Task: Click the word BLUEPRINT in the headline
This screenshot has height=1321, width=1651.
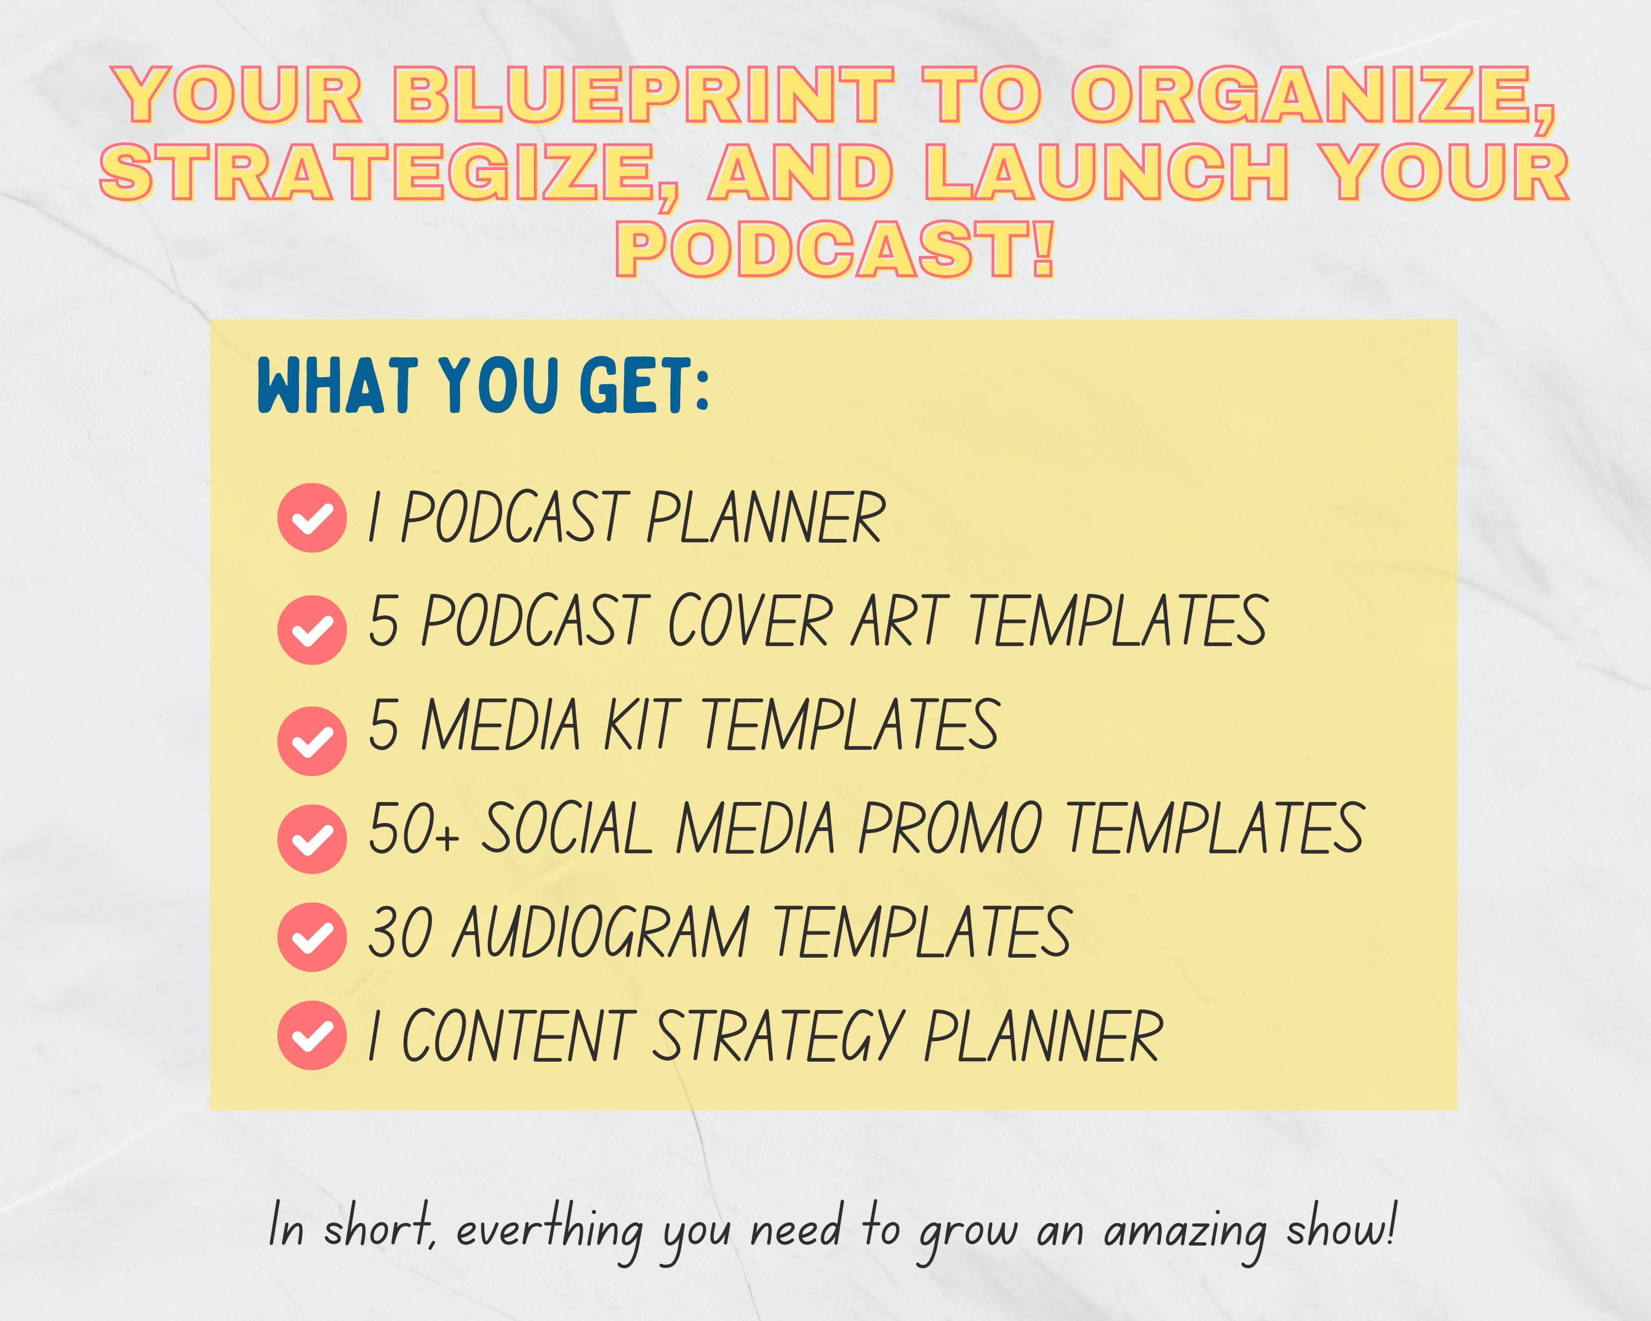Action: (643, 95)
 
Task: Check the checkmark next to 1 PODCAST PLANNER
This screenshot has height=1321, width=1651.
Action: (311, 518)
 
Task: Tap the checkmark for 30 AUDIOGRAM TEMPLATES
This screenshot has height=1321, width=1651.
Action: (311, 937)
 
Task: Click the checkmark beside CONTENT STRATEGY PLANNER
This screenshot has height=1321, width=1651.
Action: (311, 1035)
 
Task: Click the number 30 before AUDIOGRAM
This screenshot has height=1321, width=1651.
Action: (400, 932)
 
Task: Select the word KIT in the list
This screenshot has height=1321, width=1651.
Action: (641, 725)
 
